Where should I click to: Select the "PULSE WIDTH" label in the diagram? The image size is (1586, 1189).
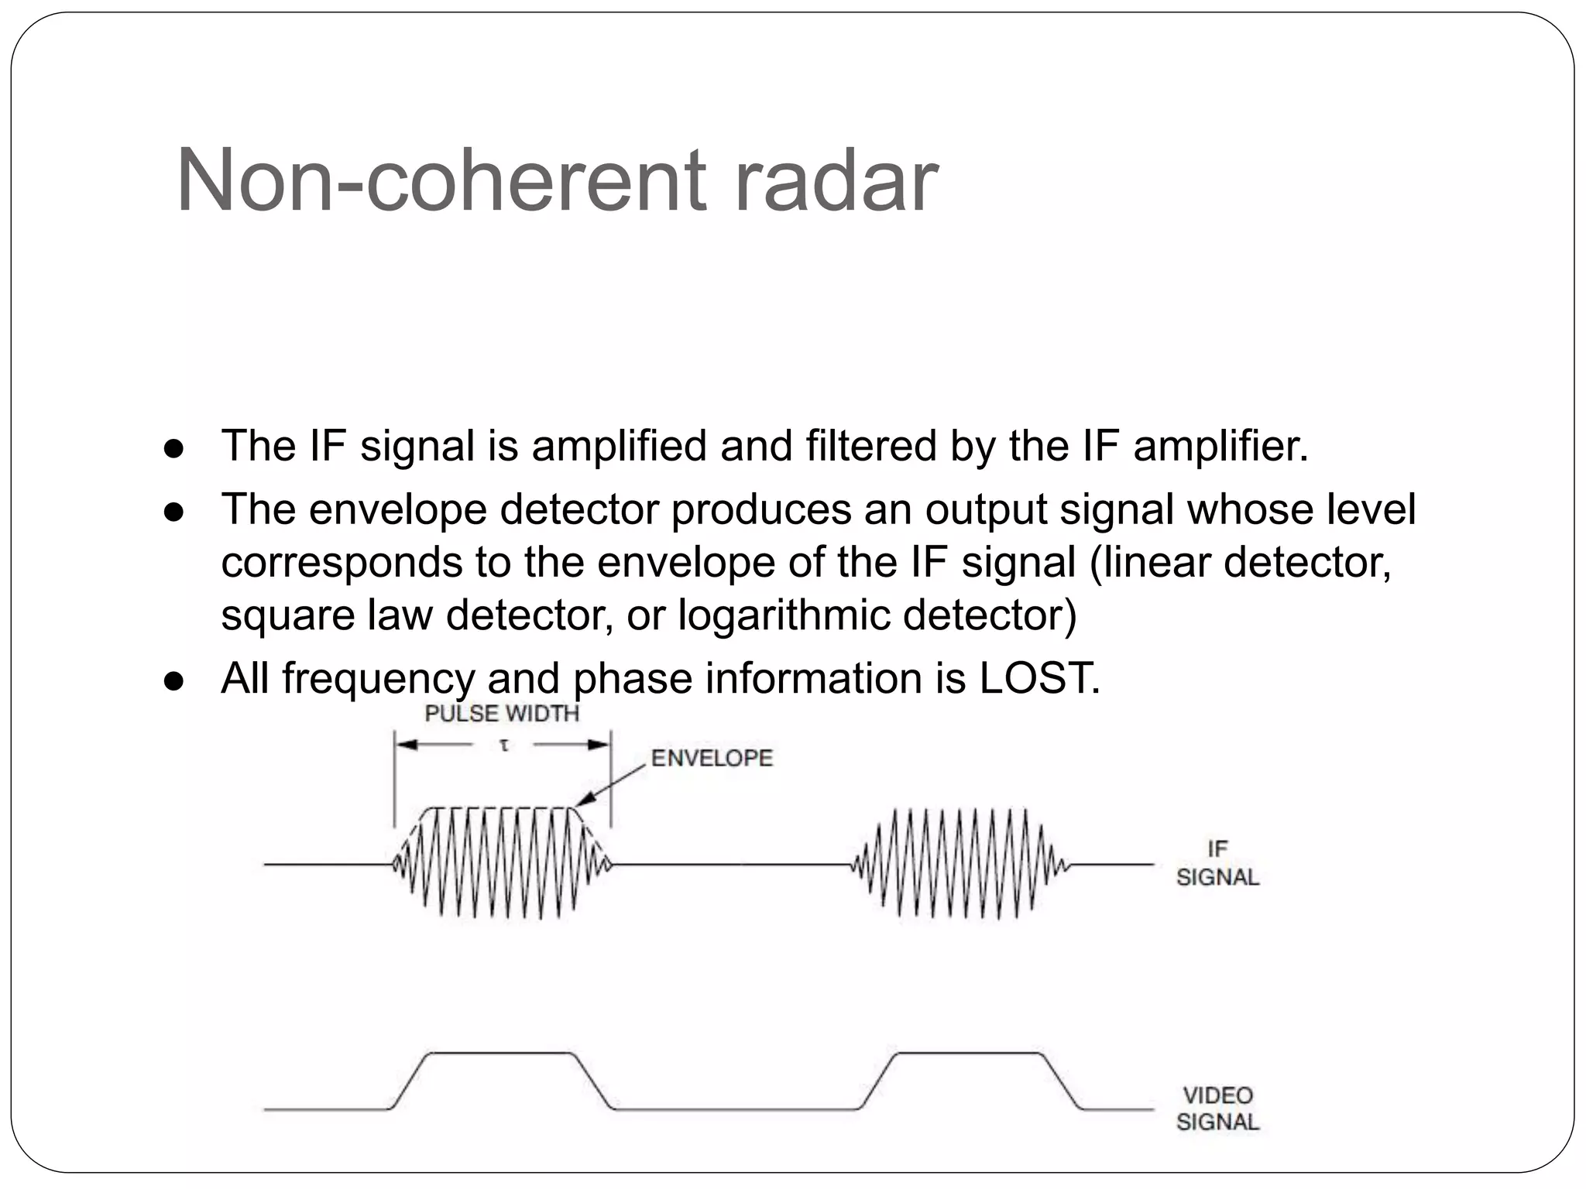(502, 713)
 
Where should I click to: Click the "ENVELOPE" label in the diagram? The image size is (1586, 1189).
(712, 758)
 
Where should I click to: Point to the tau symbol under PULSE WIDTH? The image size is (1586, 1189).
(504, 745)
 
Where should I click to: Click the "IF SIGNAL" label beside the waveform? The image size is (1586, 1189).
(1217, 863)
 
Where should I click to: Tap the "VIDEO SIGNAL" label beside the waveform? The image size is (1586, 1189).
(1217, 1108)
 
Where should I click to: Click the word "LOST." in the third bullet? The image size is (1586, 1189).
(1040, 679)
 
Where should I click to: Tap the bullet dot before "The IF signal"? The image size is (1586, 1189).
(173, 449)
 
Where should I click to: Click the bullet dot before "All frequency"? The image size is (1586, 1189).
(173, 681)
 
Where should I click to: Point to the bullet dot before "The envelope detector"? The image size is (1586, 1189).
(173, 512)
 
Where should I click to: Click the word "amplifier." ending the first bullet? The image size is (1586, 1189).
(1220, 447)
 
